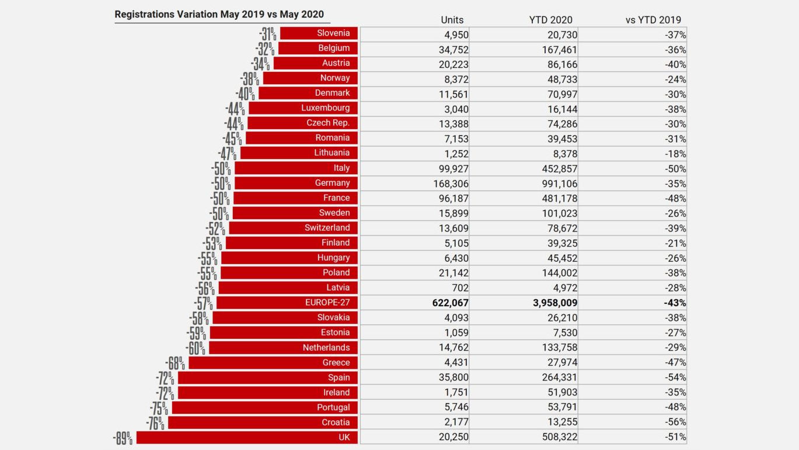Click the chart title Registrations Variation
(219, 14)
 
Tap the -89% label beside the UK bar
(123, 438)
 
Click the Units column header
(452, 20)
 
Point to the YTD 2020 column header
(550, 20)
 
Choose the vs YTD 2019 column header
(653, 20)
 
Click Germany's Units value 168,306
(448, 183)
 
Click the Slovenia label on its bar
(333, 33)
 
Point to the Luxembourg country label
(325, 108)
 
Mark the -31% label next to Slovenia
(267, 34)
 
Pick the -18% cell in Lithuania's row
(676, 153)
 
